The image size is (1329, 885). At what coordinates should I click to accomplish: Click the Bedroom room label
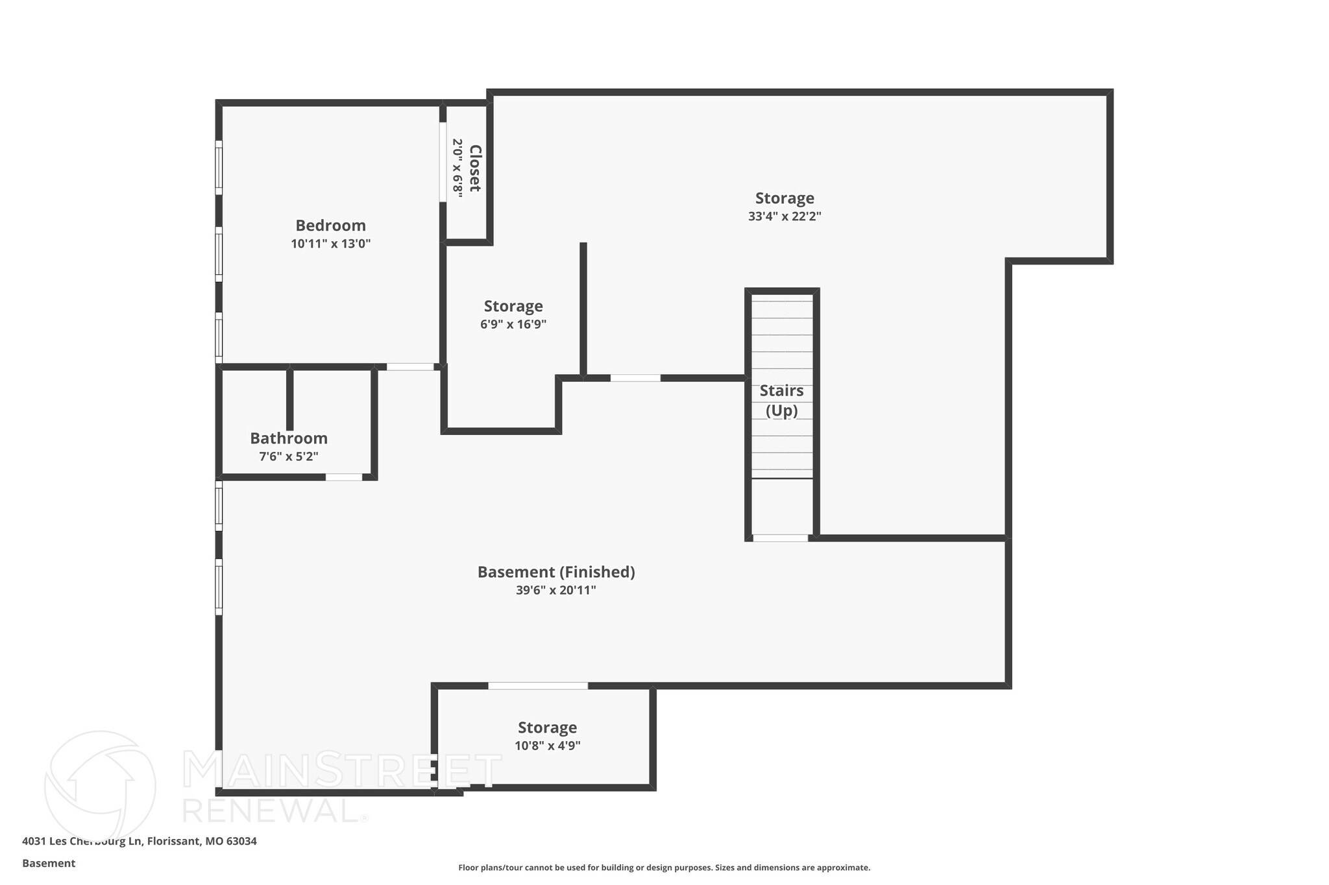[330, 226]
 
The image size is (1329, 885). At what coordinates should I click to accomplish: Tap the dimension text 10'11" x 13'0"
[330, 244]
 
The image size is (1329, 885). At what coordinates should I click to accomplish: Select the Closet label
[475, 168]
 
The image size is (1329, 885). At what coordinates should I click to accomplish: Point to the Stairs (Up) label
[781, 400]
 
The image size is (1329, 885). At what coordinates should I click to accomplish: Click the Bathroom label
[289, 438]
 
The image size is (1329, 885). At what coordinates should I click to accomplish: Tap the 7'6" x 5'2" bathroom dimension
[289, 456]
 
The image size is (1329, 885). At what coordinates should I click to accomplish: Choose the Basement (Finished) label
[556, 572]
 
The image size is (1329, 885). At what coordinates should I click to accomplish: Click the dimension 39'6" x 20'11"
[556, 590]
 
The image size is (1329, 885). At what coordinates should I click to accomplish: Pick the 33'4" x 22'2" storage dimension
[785, 217]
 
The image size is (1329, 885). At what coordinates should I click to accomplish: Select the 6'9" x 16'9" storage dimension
[513, 324]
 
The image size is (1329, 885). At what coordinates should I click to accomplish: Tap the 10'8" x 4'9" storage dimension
[547, 746]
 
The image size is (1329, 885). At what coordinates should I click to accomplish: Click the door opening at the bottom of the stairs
[780, 538]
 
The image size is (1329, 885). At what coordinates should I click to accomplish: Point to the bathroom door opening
[343, 477]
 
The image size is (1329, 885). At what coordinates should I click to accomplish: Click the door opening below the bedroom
[410, 367]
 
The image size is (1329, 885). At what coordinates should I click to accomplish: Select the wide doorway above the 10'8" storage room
[538, 686]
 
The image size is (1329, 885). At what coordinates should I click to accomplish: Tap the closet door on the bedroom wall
[443, 162]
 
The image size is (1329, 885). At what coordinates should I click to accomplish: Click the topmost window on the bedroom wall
[219, 167]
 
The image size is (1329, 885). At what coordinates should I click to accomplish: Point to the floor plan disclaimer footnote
[664, 867]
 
